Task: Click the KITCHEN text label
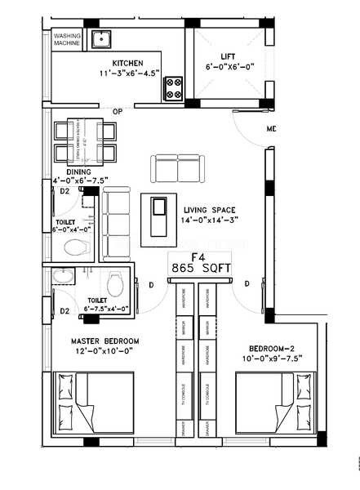[127, 63]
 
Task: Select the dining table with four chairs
[85, 142]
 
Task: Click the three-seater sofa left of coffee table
[116, 215]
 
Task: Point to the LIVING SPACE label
[211, 209]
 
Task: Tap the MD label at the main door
[271, 130]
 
